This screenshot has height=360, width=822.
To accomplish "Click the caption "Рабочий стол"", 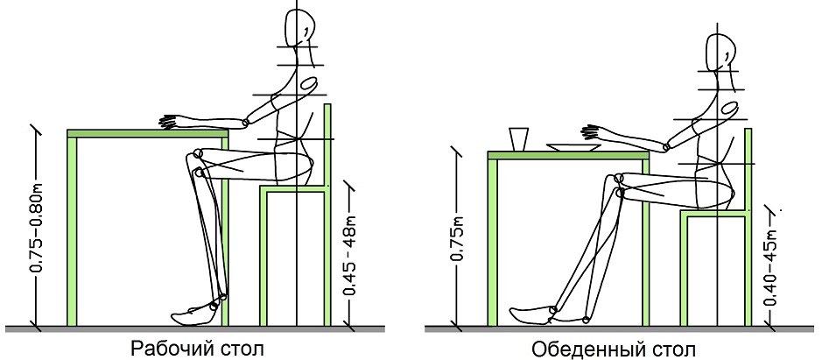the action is [197, 349].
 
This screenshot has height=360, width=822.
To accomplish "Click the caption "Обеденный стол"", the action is [614, 349].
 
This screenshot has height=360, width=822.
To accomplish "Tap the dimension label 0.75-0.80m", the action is [37, 228].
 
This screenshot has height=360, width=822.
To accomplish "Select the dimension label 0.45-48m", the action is [350, 255].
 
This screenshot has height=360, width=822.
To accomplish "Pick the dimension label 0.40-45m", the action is [770, 267].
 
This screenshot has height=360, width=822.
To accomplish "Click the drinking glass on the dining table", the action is [518, 138].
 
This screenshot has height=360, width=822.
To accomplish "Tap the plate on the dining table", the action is [573, 148].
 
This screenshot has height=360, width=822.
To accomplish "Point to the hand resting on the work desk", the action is [171, 122].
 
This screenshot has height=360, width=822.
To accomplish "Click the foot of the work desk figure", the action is [193, 314].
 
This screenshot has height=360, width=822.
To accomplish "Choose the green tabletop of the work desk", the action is [148, 133].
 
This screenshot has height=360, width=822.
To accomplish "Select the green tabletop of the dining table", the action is [568, 155].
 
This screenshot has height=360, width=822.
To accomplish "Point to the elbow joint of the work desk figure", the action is [245, 124].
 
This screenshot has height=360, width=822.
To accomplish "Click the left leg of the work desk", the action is [73, 231].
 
